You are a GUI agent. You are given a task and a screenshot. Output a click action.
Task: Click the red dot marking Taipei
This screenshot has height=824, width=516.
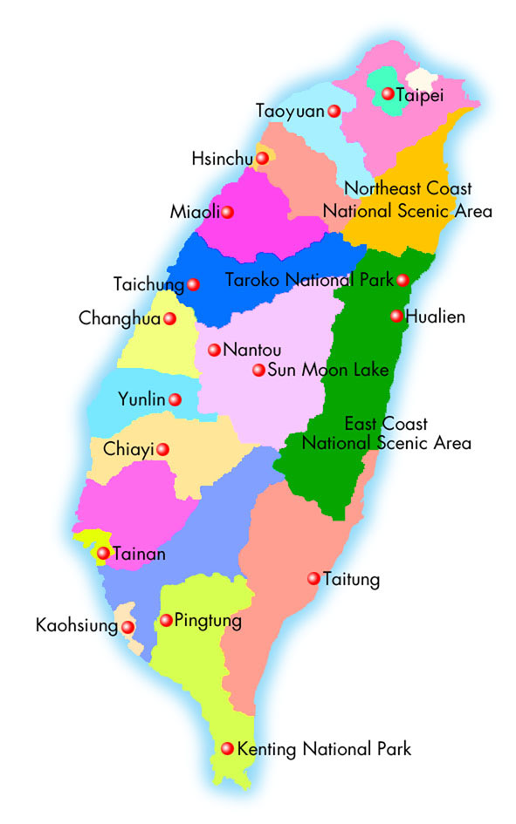click(x=388, y=92)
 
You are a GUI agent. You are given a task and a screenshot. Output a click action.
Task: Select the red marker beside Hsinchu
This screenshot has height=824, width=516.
click(x=262, y=158)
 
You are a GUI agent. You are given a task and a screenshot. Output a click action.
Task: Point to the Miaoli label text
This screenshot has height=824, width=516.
click(x=195, y=212)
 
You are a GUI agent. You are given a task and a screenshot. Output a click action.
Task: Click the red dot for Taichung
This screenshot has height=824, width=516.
click(x=193, y=284)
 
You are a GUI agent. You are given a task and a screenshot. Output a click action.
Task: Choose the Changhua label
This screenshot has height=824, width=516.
click(x=120, y=318)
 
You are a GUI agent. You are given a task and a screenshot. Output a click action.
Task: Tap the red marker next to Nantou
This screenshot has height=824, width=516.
click(x=214, y=350)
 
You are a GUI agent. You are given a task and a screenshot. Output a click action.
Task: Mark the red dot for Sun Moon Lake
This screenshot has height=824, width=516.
click(x=258, y=370)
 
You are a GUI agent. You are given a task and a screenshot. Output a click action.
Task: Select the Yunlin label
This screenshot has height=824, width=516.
click(x=142, y=399)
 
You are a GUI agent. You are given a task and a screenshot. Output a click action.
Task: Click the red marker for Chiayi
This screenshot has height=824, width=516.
click(x=162, y=449)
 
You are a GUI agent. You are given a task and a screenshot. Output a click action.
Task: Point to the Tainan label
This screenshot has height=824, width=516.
click(x=139, y=553)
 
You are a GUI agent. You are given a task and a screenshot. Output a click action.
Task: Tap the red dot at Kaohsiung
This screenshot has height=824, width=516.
click(x=127, y=626)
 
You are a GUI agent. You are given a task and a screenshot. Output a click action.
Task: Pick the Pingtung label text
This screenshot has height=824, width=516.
click(x=208, y=621)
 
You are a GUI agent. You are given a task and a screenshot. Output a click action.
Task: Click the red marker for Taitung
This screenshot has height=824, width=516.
click(x=313, y=578)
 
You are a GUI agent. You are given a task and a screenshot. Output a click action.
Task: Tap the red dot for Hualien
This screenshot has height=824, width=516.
click(x=396, y=317)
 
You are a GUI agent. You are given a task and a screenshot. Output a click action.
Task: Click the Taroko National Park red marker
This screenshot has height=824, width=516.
click(x=402, y=280)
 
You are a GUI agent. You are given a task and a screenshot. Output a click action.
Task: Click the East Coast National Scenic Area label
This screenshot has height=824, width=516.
click(x=386, y=433)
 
